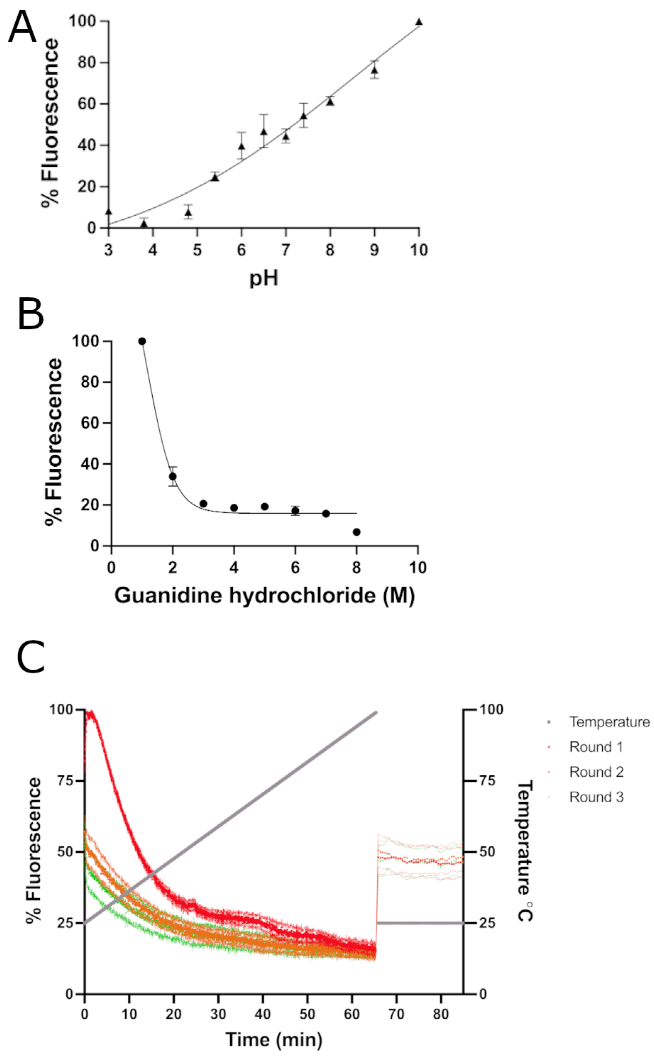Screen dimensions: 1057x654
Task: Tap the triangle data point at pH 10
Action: [419, 22]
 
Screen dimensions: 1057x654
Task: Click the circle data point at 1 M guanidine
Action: [142, 341]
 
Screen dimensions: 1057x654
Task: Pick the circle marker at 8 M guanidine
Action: [356, 532]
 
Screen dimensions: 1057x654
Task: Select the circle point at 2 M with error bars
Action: [172, 476]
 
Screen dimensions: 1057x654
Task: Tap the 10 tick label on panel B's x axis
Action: [417, 568]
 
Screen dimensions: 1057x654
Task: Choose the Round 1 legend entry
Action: [595, 747]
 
